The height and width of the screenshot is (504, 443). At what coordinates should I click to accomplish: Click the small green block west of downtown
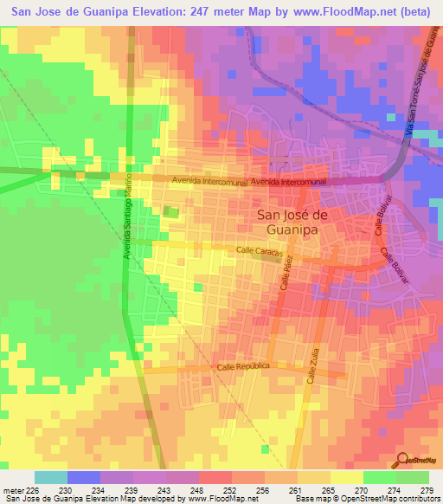[171, 211]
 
